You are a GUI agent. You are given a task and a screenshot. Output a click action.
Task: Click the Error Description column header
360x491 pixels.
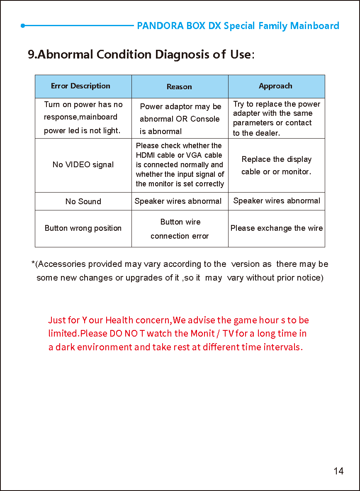pos(80,86)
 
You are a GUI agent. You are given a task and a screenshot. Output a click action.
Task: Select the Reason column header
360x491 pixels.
pos(179,87)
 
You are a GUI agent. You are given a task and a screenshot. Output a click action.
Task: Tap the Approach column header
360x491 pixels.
pos(275,86)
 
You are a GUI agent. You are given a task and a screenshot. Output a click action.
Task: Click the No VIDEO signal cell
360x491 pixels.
pos(83,165)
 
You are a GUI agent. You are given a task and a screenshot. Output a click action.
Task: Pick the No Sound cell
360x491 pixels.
pos(83,201)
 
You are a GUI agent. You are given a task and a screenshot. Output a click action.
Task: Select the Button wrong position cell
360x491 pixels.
pos(83,228)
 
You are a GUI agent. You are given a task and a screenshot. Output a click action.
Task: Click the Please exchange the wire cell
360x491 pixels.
pos(276,228)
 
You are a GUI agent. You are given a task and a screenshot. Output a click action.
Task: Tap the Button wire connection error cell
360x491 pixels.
pos(180,229)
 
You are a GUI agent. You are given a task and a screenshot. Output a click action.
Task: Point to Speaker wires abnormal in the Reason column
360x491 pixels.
pos(178,201)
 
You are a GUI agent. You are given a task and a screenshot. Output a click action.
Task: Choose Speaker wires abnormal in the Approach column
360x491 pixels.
pos(277,201)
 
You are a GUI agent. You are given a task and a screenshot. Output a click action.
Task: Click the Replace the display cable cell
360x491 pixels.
pos(276,165)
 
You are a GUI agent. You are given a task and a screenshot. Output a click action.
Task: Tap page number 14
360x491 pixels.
pos(338,471)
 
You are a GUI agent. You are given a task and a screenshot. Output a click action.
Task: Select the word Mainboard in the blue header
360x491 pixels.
pos(314,26)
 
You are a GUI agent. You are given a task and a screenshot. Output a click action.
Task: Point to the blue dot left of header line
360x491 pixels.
pos(23,26)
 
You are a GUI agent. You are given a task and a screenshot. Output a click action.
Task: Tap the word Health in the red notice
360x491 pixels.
pos(119,320)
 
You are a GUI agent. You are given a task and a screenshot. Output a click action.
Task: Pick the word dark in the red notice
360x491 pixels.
pos(65,347)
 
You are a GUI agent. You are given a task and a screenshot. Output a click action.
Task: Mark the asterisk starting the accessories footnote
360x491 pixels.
pos(33,263)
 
